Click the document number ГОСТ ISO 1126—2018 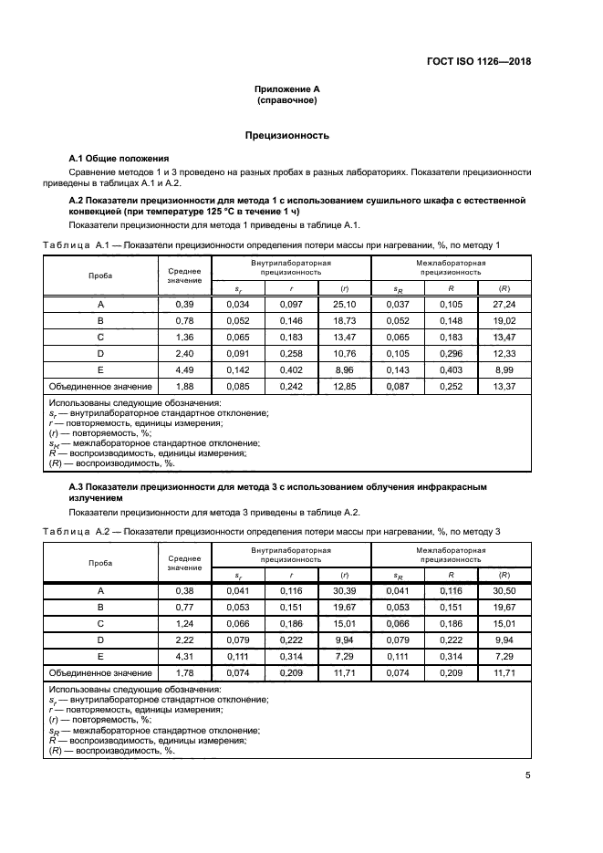click(x=478, y=62)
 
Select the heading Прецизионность click(x=286, y=135)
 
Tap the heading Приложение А click(x=286, y=89)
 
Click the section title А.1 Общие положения click(x=120, y=158)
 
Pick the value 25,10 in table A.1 click(x=343, y=304)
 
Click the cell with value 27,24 click(x=503, y=304)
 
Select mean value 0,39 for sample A click(x=184, y=304)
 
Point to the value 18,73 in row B click(x=343, y=321)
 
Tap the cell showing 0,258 click(x=290, y=354)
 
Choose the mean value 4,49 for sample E click(x=184, y=370)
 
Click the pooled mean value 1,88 click(x=184, y=387)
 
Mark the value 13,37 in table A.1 click(x=503, y=387)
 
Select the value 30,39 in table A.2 click(x=343, y=590)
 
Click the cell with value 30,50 click(x=503, y=590)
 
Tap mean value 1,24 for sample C click(x=184, y=623)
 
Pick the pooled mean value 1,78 click(x=184, y=673)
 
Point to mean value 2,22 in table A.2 click(x=184, y=640)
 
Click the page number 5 click(x=527, y=775)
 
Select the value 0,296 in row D click(x=450, y=354)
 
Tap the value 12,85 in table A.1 click(x=343, y=387)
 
